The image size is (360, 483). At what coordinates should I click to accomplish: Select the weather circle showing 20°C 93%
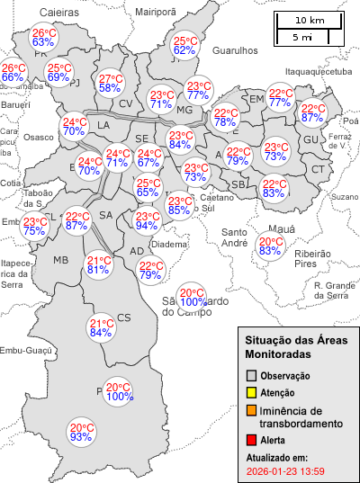(82, 432)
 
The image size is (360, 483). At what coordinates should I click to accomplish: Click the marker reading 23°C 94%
(148, 220)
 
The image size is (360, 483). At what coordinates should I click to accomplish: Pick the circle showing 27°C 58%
(110, 83)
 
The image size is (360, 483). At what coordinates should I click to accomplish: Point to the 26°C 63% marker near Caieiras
(44, 37)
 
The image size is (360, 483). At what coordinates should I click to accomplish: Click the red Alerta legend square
(252, 441)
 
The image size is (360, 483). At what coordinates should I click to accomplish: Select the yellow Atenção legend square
(252, 392)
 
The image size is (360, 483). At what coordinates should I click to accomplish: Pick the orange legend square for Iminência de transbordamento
(252, 410)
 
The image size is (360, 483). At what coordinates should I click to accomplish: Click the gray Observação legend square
(252, 375)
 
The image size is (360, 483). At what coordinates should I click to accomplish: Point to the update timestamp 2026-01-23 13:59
(285, 470)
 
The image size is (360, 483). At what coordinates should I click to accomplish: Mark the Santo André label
(235, 237)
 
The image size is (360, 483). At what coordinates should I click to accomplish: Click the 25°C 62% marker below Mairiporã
(184, 46)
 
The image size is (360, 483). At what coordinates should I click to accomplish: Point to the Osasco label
(39, 137)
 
